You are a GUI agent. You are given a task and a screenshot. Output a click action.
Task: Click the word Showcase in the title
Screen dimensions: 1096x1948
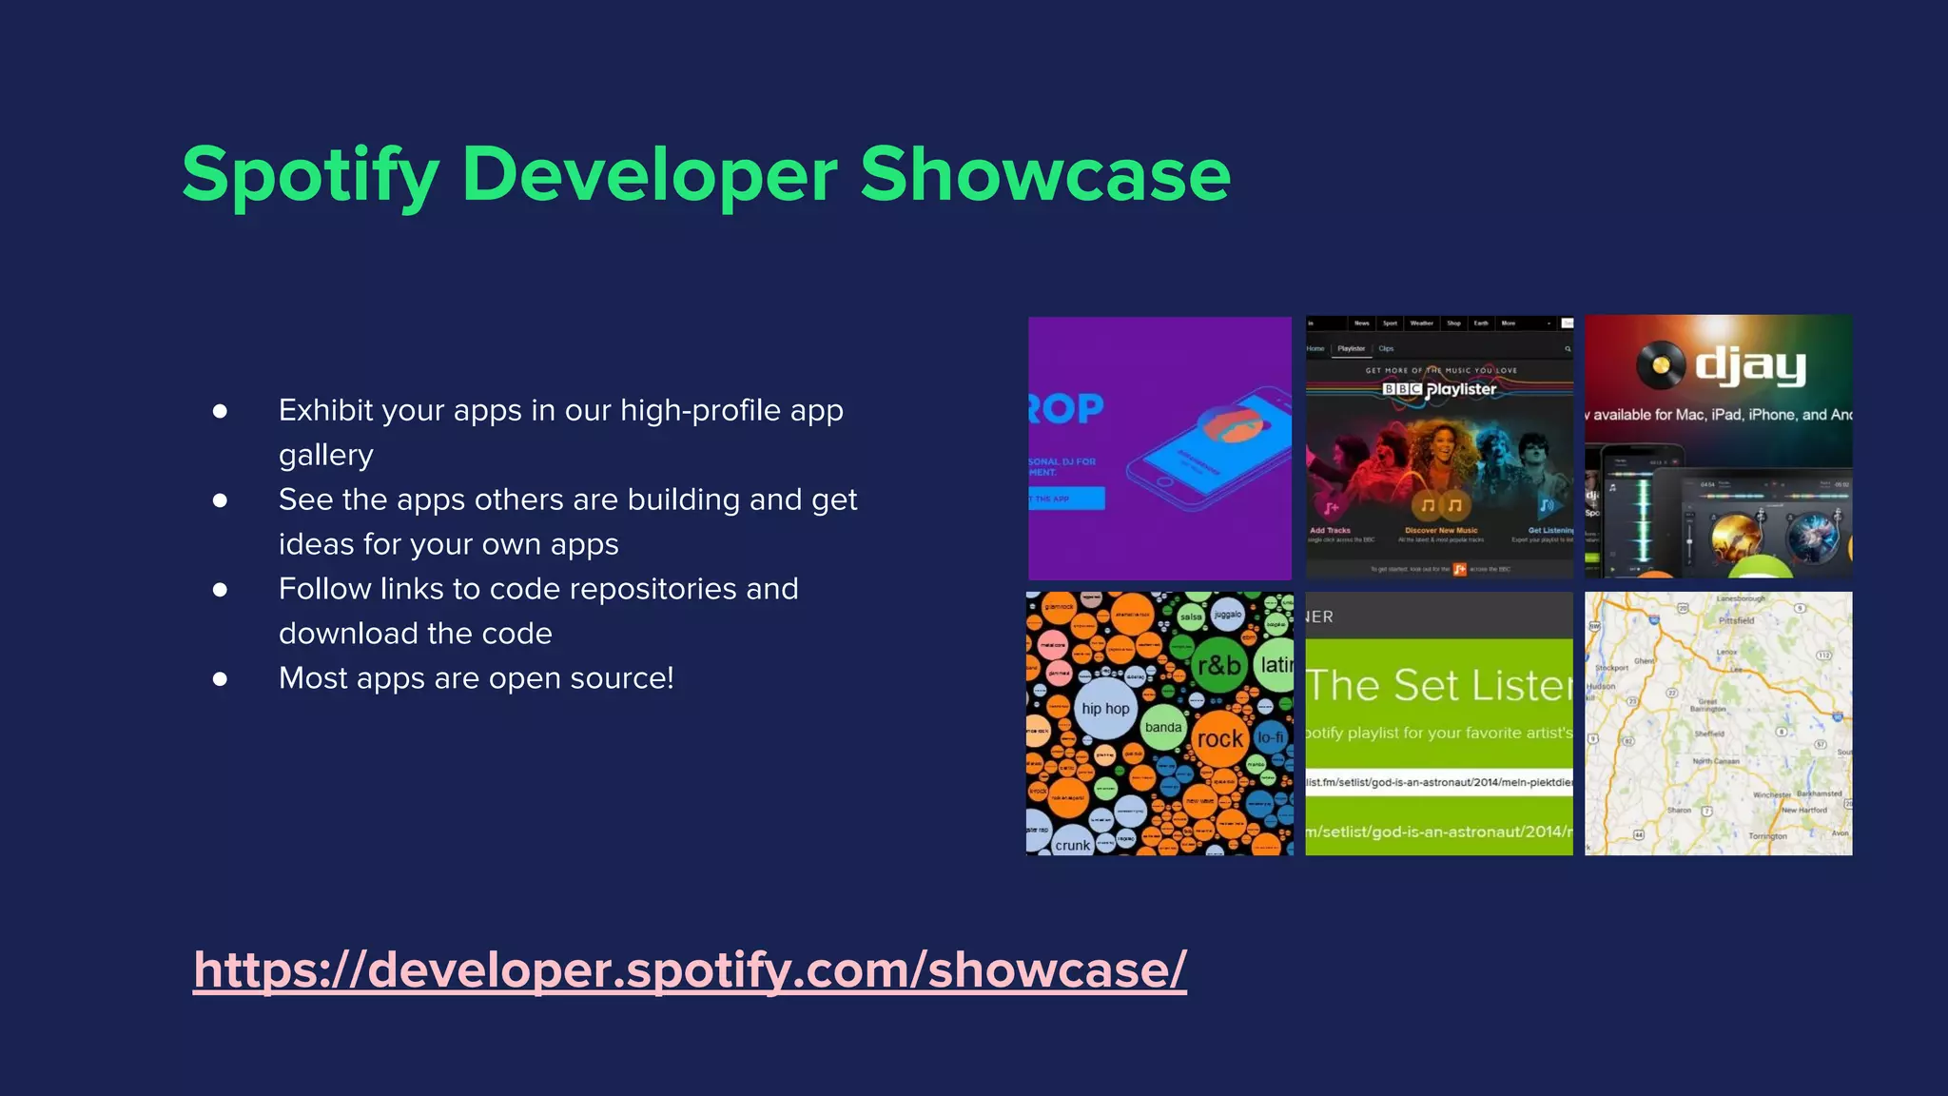coord(1044,174)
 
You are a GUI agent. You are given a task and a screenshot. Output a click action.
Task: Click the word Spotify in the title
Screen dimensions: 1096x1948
coord(310,176)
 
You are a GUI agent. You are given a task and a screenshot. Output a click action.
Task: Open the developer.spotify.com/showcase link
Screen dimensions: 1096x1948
coord(690,969)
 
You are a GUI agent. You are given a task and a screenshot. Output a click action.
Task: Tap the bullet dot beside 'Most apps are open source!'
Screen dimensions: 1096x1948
coord(220,678)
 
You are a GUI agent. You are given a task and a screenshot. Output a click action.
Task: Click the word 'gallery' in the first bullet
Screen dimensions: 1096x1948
coord(325,455)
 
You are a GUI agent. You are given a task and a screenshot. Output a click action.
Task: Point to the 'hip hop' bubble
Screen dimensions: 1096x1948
coord(1104,709)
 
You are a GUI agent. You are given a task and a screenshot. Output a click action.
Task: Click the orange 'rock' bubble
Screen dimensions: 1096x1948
coord(1219,739)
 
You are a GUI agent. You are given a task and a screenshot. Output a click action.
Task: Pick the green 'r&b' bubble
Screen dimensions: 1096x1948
coord(1218,665)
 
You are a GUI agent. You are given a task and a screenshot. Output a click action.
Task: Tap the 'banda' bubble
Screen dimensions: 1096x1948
coord(1162,727)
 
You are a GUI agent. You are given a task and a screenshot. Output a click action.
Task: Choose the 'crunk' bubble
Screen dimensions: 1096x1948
coord(1072,844)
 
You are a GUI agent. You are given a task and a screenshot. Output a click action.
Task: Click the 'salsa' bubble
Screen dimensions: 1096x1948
coord(1191,616)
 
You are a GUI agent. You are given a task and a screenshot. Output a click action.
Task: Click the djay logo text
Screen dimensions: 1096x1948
coord(1750,365)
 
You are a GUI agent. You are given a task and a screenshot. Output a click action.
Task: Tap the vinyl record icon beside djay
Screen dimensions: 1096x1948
coord(1661,364)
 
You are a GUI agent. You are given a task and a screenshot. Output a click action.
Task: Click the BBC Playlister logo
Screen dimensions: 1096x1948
coord(1439,389)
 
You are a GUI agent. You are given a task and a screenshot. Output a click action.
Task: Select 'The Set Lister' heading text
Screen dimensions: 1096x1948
coord(1439,685)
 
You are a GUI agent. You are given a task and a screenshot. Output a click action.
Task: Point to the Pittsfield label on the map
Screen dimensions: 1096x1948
coord(1736,620)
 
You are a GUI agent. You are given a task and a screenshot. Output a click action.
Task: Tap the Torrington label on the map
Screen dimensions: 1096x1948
coord(1767,836)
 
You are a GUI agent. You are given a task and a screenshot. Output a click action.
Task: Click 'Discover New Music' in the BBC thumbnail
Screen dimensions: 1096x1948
coord(1441,530)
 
